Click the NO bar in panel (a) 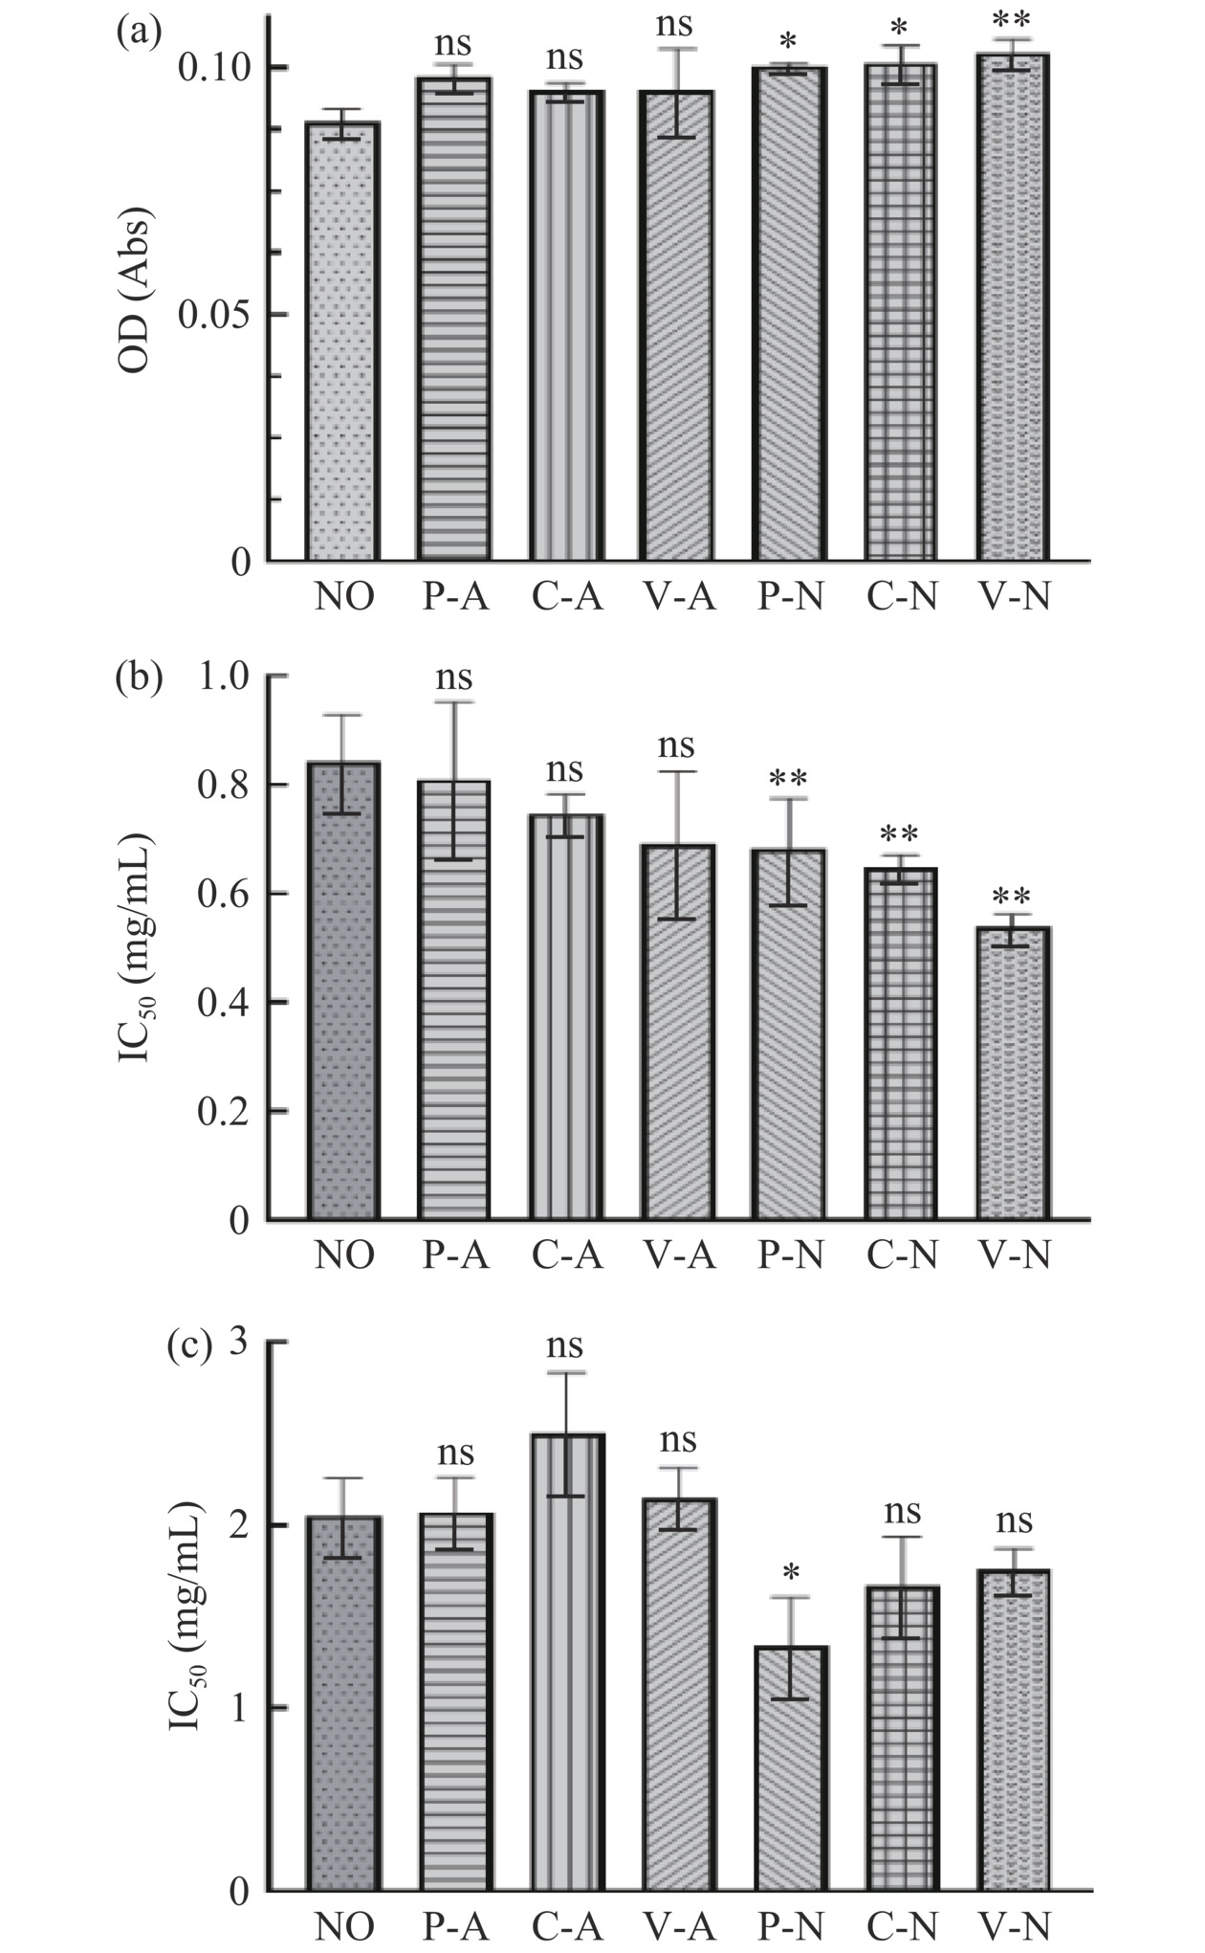[x=343, y=342]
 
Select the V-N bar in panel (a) [x=1014, y=306]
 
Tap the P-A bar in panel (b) [x=454, y=1000]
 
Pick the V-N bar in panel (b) [x=1014, y=1073]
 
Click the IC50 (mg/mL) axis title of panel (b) [x=137, y=947]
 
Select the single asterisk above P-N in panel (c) [x=790, y=1572]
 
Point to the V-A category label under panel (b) [x=678, y=1254]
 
